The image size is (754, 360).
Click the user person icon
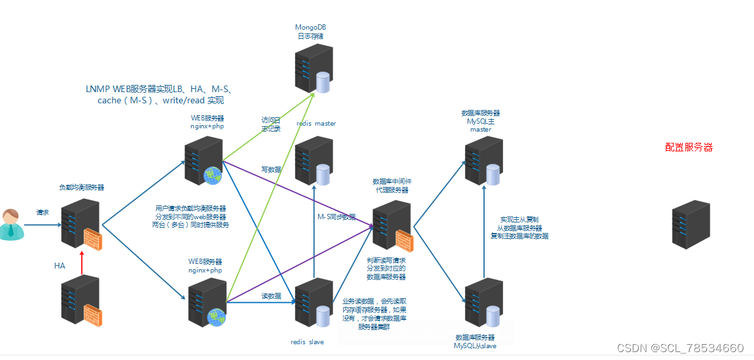click(x=11, y=224)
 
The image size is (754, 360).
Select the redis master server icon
click(x=313, y=161)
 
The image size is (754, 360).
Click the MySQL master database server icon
click(x=483, y=161)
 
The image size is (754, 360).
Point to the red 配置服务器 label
click(x=689, y=147)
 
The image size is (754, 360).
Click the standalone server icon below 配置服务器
click(x=691, y=224)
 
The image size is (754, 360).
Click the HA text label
click(x=60, y=266)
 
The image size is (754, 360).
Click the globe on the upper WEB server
click(x=213, y=175)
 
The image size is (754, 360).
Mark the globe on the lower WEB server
click(x=217, y=317)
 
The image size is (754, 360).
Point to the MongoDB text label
click(x=310, y=27)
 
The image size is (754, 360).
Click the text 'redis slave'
click(x=308, y=342)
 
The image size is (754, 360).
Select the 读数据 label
click(x=271, y=296)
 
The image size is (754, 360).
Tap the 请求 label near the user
click(x=43, y=213)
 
